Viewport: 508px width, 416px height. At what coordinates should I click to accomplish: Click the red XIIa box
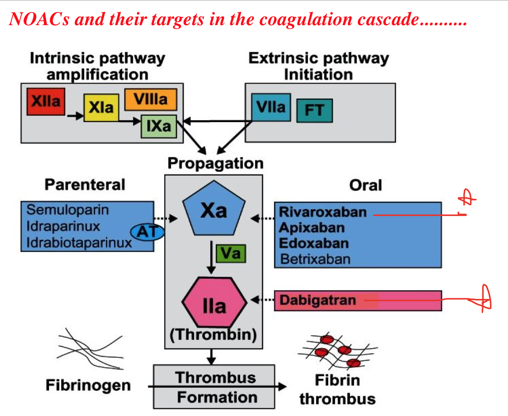point(46,102)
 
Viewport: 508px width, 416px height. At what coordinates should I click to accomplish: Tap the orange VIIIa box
point(150,99)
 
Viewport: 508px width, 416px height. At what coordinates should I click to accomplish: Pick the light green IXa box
point(159,127)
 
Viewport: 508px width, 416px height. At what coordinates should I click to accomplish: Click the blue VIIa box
point(271,107)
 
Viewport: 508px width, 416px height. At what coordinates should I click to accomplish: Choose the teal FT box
point(314,111)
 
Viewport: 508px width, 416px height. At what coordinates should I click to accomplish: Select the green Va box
point(231,254)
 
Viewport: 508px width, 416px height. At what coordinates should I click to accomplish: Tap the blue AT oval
point(148,232)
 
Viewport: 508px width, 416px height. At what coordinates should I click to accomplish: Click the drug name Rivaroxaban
point(322,212)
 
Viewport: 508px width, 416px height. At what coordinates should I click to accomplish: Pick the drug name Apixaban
point(312,228)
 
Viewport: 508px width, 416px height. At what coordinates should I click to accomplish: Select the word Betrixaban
point(315,259)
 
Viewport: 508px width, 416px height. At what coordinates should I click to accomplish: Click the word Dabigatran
point(317,300)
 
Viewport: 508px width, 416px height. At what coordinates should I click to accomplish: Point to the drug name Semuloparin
point(67,210)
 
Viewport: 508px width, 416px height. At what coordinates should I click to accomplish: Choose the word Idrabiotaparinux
point(79,242)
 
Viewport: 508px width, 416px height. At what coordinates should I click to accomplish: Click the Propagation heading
point(215,163)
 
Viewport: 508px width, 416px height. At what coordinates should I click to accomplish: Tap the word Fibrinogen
point(88,385)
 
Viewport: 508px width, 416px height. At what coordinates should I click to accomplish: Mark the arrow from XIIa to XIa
point(75,116)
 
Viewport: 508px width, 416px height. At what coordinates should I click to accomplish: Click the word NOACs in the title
point(39,19)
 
